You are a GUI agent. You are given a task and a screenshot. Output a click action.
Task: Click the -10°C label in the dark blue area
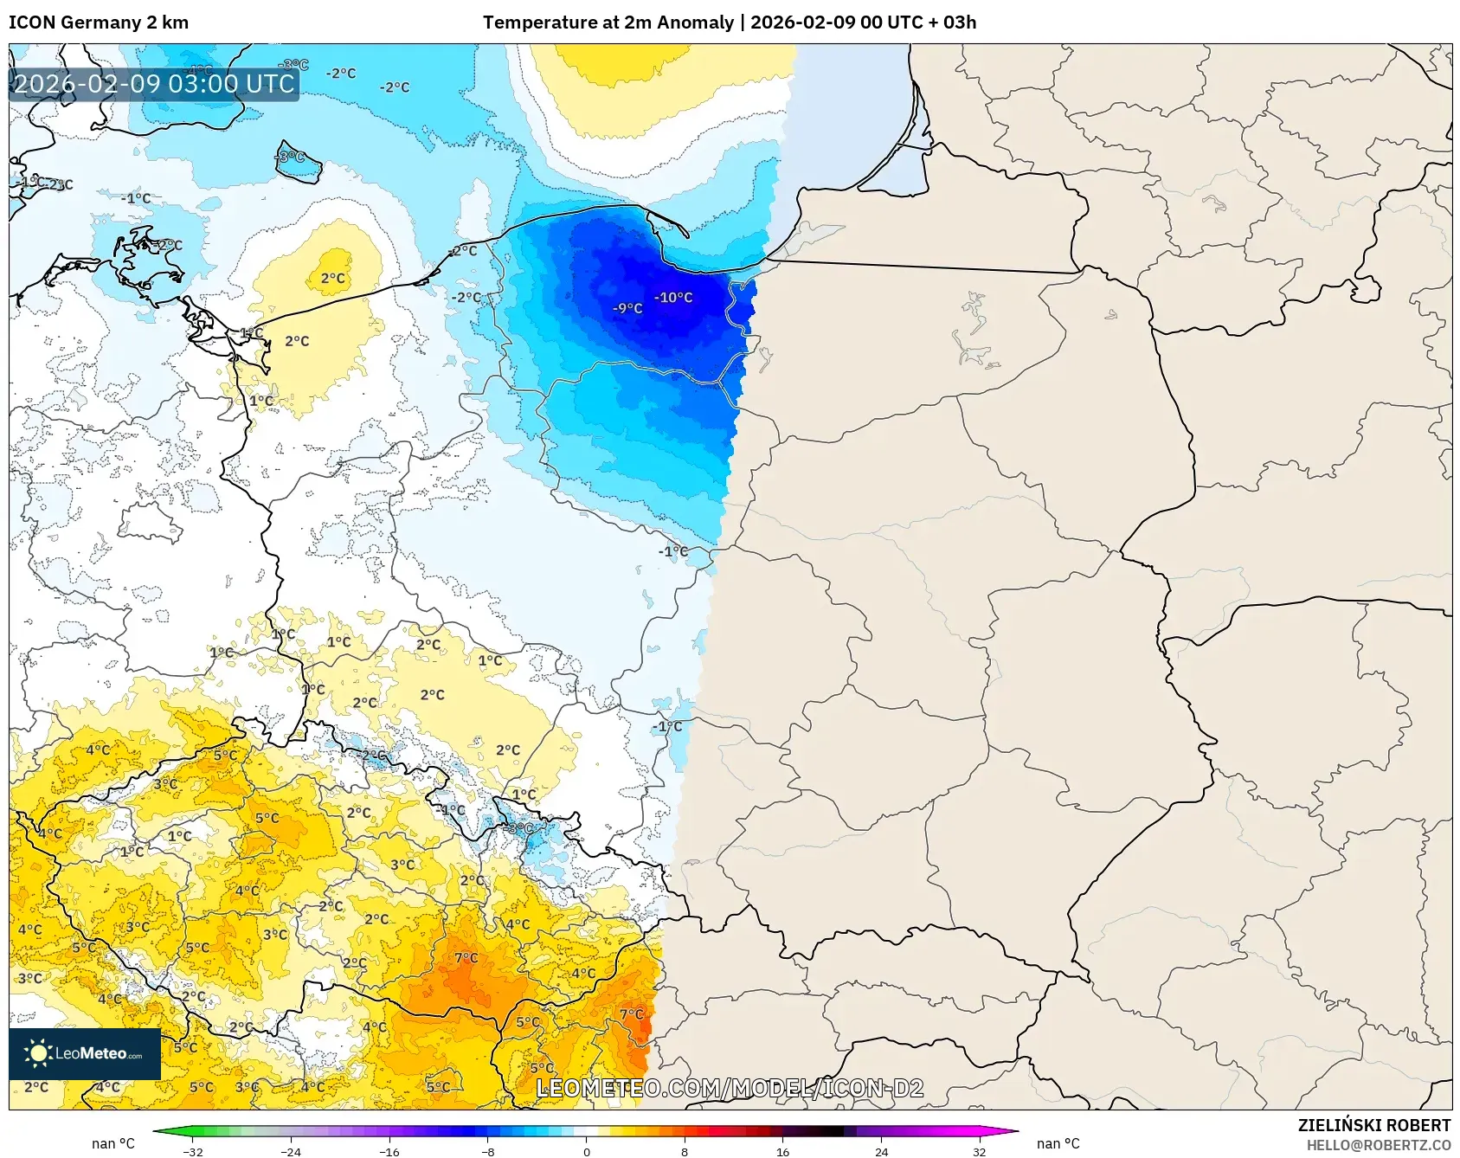tap(673, 298)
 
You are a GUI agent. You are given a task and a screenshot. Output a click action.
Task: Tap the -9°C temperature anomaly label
tap(627, 309)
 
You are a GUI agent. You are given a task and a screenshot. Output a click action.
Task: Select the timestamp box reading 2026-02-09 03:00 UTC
tap(154, 84)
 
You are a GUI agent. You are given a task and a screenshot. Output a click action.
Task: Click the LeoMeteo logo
tap(85, 1053)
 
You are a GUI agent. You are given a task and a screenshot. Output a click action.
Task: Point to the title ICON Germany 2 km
tap(99, 23)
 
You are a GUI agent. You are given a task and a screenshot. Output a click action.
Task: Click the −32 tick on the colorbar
tap(193, 1151)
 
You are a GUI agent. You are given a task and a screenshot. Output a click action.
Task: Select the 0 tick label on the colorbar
tap(587, 1151)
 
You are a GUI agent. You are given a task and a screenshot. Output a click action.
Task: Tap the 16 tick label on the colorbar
tap(782, 1151)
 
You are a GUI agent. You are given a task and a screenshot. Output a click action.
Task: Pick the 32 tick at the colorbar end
tap(979, 1151)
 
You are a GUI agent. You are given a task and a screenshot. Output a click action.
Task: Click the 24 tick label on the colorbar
tap(881, 1151)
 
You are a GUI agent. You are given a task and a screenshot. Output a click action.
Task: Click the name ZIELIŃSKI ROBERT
tap(1373, 1125)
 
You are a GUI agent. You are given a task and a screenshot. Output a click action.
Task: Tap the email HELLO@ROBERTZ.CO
tap(1378, 1145)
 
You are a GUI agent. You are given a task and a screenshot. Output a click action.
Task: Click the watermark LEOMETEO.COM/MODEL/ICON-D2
tap(730, 1088)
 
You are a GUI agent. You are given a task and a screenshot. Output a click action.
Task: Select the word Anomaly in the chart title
tap(698, 23)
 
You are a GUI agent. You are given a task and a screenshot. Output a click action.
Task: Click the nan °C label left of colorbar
tap(113, 1143)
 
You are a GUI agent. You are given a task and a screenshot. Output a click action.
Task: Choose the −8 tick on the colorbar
tap(488, 1151)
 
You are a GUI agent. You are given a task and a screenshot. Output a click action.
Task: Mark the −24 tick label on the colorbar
tap(291, 1151)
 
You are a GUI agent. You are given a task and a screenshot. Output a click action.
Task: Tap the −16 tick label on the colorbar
tap(389, 1151)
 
